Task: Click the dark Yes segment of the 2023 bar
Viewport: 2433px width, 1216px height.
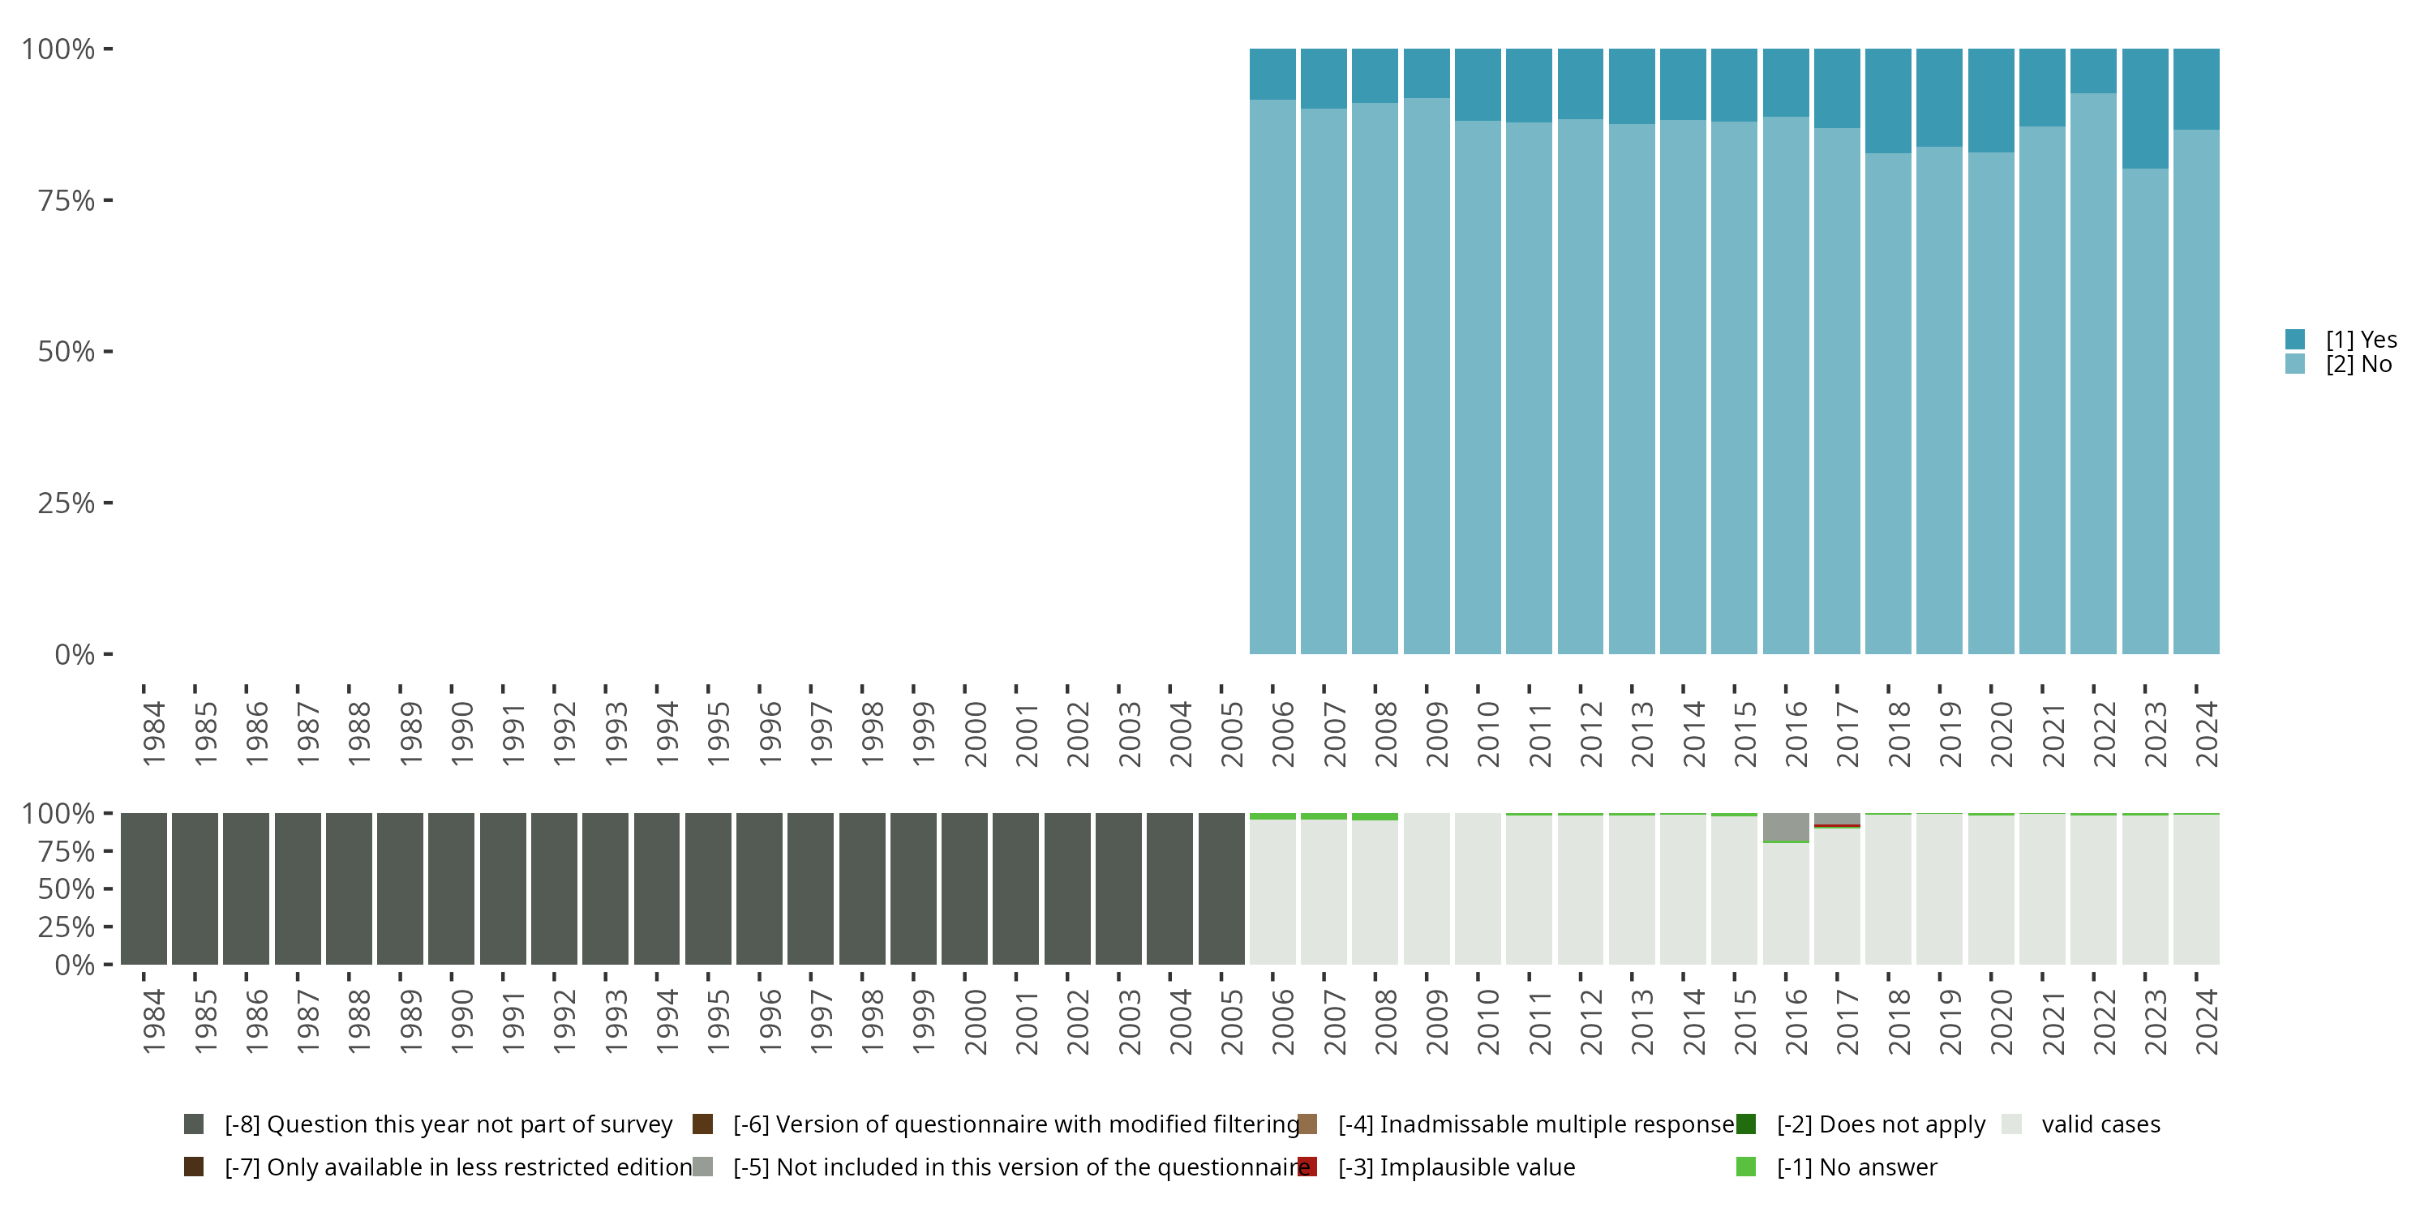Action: pos(2144,108)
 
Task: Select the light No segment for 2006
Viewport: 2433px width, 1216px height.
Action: pos(1272,378)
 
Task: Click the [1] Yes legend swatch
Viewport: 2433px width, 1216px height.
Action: pos(2295,339)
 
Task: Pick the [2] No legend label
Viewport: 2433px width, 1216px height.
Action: pos(2358,365)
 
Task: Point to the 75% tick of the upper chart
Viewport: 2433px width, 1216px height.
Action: pos(108,200)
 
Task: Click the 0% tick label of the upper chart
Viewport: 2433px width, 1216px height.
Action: pos(74,654)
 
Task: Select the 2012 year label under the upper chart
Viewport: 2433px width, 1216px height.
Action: pos(1590,734)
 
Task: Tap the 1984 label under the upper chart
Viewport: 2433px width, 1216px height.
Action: pos(154,734)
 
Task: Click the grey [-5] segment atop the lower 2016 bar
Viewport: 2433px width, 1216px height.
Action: pos(1785,826)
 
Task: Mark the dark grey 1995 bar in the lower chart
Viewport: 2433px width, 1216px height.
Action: pos(708,888)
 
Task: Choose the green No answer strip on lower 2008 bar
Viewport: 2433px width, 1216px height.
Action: pos(1374,816)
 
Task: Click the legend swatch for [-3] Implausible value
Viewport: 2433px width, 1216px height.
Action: pos(1307,1167)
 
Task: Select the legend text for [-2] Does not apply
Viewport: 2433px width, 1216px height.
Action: pos(1881,1124)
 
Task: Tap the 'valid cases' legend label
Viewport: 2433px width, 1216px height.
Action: pos(2100,1124)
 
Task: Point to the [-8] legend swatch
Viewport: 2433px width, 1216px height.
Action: pos(194,1124)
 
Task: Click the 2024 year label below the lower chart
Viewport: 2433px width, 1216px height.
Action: pos(2206,1021)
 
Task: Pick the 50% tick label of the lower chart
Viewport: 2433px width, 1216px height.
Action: pos(67,888)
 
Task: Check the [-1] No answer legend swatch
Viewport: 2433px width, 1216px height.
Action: pos(1745,1167)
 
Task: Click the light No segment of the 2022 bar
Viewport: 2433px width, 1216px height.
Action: pos(2093,378)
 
